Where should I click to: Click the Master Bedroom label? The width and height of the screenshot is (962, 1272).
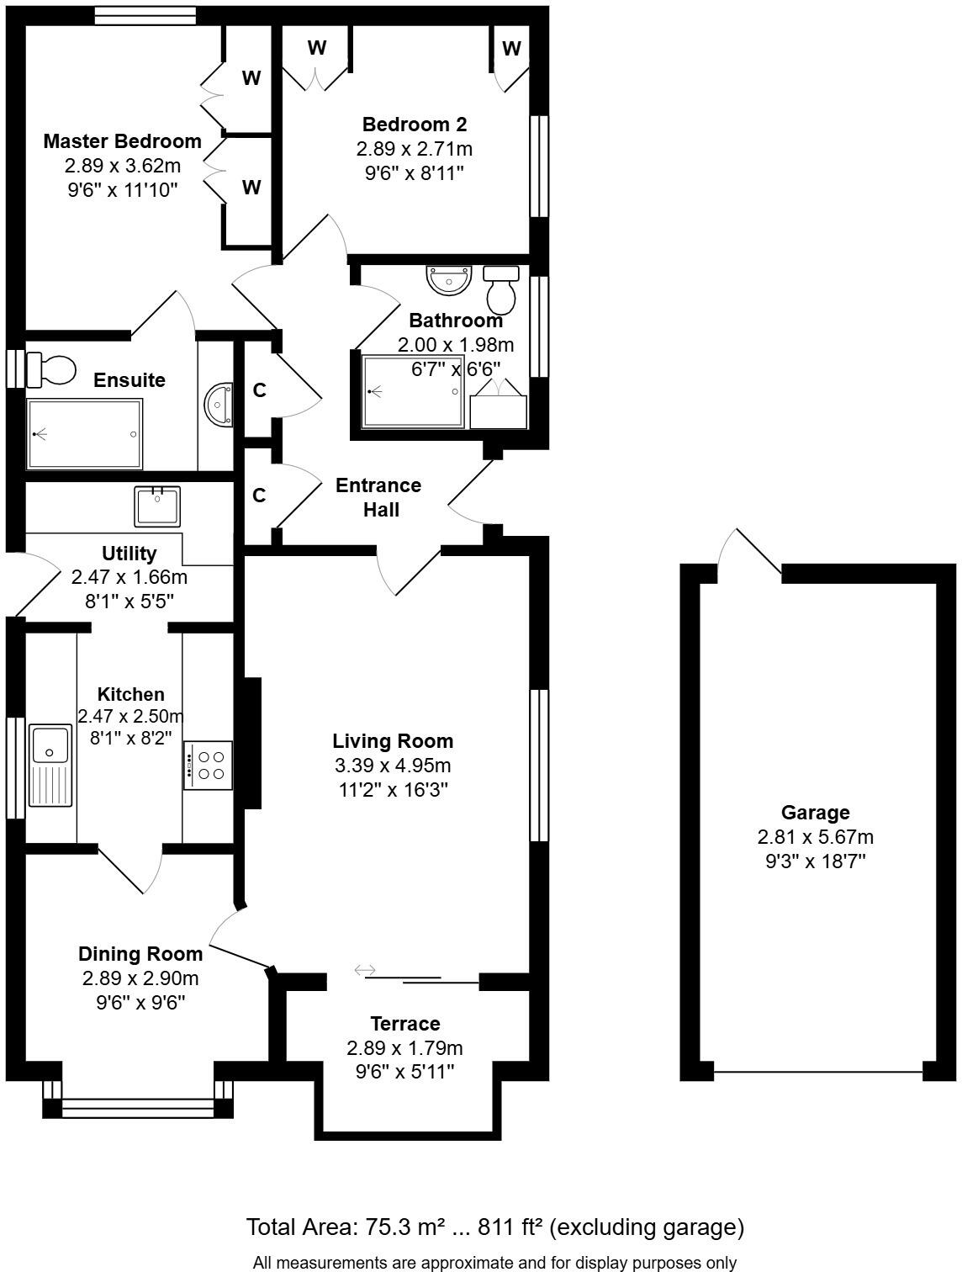click(x=122, y=140)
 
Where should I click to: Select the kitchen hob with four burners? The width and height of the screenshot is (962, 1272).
click(x=208, y=765)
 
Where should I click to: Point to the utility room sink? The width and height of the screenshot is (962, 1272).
click(x=157, y=506)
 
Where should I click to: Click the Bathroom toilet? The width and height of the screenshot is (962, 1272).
click(x=502, y=289)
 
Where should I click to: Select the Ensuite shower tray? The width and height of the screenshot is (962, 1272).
click(x=84, y=434)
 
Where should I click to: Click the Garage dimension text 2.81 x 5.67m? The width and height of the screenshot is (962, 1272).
click(x=815, y=837)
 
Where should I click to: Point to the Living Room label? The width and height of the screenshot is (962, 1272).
click(x=393, y=741)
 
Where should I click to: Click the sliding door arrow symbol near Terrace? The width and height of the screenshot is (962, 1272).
click(x=365, y=970)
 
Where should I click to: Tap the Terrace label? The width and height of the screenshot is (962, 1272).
click(x=405, y=1024)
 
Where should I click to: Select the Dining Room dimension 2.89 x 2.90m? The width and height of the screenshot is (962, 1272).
click(x=140, y=978)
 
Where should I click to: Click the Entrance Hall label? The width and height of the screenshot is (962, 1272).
click(x=378, y=497)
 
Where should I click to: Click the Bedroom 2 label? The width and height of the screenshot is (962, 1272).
click(x=414, y=125)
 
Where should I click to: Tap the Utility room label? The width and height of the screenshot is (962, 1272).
click(x=129, y=554)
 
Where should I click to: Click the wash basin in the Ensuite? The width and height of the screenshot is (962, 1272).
click(x=219, y=405)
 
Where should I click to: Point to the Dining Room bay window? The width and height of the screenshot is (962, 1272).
click(x=138, y=1107)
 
